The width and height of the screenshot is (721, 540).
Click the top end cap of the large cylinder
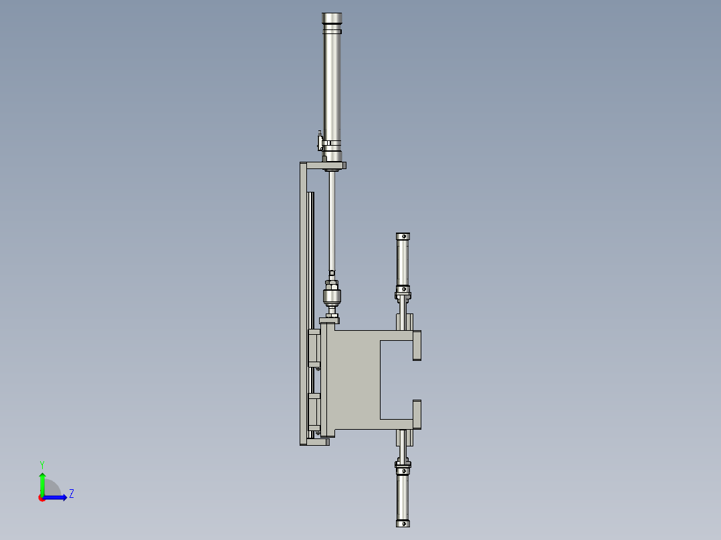pos(332,19)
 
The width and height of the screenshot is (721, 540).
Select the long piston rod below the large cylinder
pos(332,221)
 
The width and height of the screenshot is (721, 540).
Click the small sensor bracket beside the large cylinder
pos(320,142)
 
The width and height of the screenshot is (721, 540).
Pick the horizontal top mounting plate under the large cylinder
pos(322,165)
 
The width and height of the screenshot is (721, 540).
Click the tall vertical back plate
pos(303,301)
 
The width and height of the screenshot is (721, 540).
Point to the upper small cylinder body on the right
pos(403,262)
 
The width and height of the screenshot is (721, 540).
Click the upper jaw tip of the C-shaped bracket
pos(417,345)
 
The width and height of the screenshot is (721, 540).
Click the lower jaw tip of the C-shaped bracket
pos(417,414)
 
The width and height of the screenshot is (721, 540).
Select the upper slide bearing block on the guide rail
pos(313,348)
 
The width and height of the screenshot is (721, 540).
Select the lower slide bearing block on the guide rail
pos(313,412)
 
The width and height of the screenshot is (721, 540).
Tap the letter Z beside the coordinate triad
pos(71,494)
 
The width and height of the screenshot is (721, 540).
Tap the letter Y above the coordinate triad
pos(41,464)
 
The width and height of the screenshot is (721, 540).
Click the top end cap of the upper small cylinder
pos(403,237)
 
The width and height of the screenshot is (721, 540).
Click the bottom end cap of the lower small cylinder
pos(403,523)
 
